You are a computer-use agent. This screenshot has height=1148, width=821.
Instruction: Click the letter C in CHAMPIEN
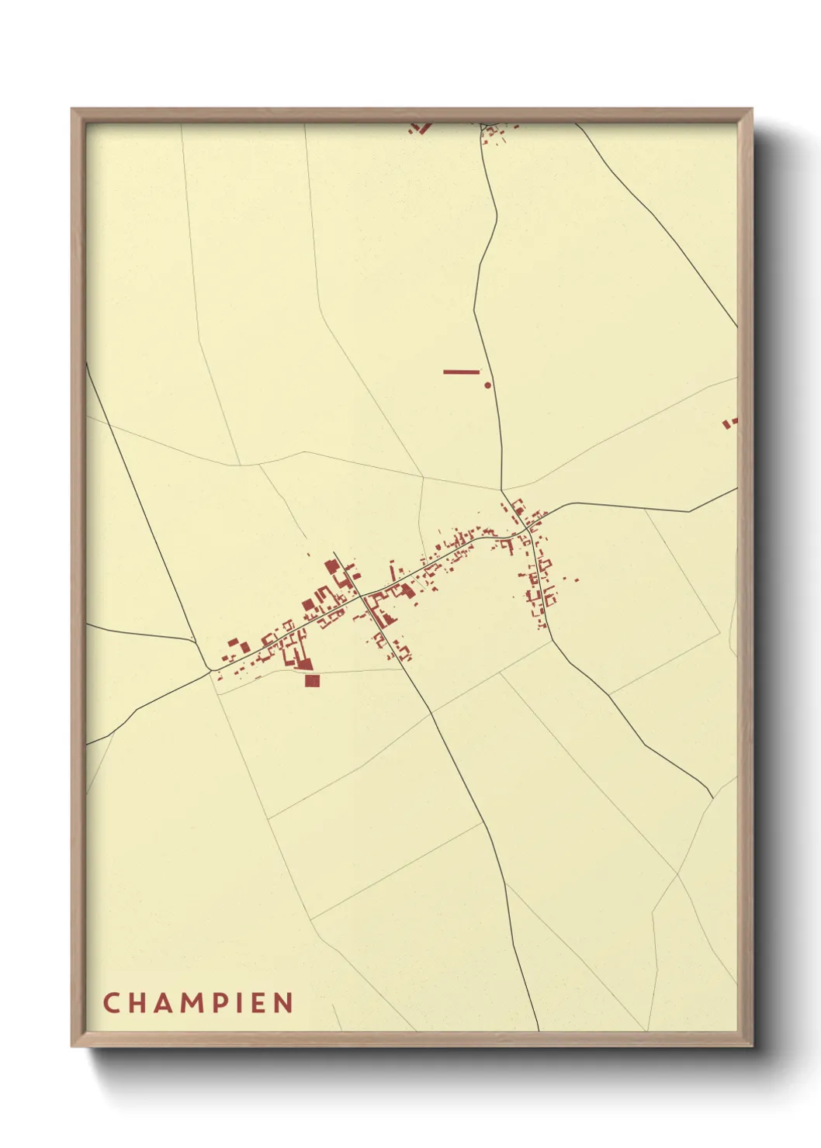coord(111,1002)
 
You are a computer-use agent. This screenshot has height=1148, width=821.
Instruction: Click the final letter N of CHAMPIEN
coord(284,1002)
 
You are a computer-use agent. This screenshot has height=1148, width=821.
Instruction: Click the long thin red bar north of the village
coord(461,372)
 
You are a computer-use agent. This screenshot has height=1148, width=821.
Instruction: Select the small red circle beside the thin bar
coord(487,384)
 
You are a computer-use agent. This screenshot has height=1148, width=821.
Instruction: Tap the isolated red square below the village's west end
coord(312,681)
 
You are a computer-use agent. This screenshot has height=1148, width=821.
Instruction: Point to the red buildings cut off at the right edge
coord(730,423)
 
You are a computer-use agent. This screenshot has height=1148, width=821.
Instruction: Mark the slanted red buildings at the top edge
coord(420,127)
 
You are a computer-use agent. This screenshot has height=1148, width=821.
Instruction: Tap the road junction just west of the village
coord(211,670)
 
